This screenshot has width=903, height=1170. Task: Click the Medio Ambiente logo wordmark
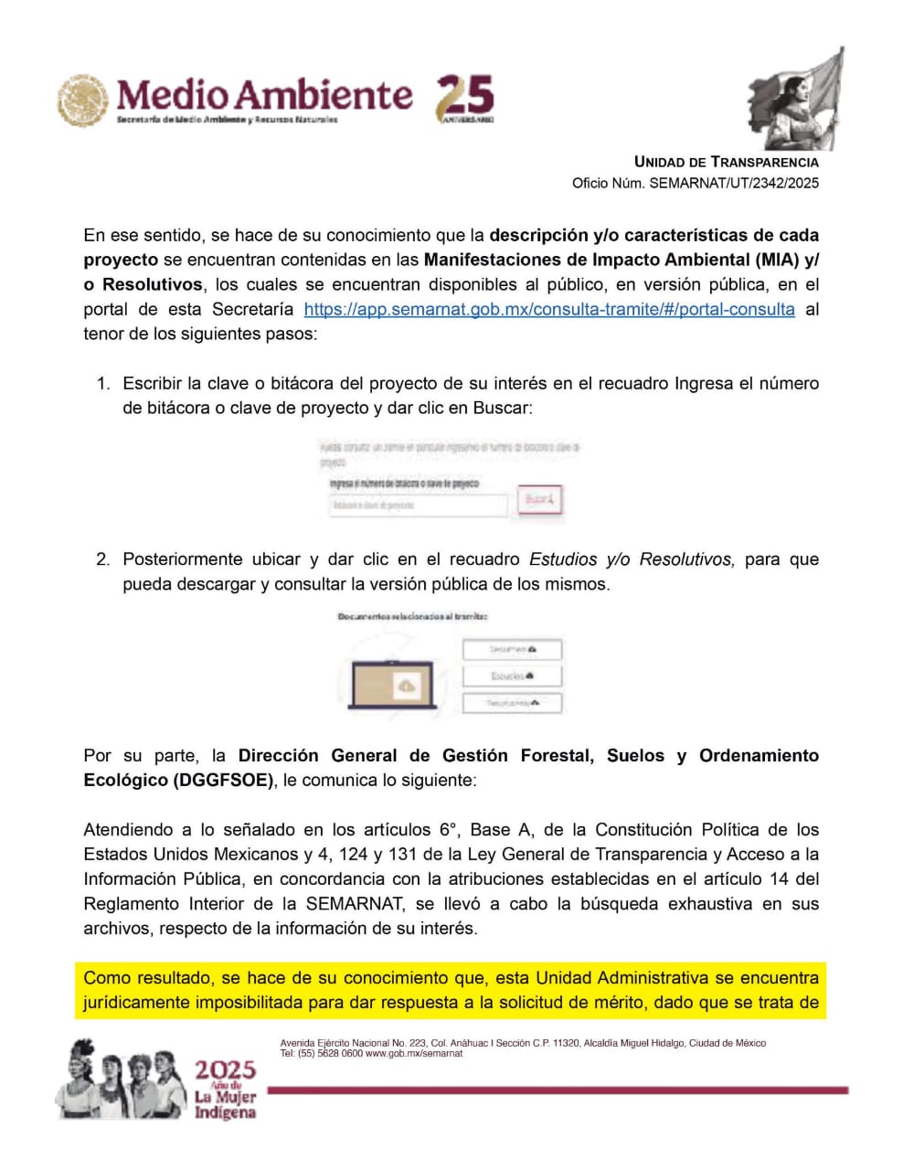pyautogui.click(x=264, y=95)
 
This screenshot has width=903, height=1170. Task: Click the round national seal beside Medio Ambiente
pyautogui.click(x=83, y=100)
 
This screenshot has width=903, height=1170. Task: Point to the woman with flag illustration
pyautogui.click(x=796, y=99)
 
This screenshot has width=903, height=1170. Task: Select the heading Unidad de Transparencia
pyautogui.click(x=726, y=162)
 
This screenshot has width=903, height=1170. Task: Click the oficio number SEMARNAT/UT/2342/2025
pyautogui.click(x=733, y=183)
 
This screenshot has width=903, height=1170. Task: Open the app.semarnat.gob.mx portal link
pyautogui.click(x=548, y=309)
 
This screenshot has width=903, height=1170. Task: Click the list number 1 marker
pyautogui.click(x=103, y=383)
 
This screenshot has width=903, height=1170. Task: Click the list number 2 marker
pyautogui.click(x=103, y=558)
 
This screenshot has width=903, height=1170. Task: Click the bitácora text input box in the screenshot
pyautogui.click(x=418, y=505)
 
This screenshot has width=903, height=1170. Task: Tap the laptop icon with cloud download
pyautogui.click(x=394, y=684)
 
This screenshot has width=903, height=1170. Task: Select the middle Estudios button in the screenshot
pyautogui.click(x=512, y=676)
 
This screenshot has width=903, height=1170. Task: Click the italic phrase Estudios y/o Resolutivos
pyautogui.click(x=631, y=558)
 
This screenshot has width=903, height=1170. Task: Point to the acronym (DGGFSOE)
pyautogui.click(x=224, y=780)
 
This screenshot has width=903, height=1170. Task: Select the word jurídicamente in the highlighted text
pyautogui.click(x=135, y=1002)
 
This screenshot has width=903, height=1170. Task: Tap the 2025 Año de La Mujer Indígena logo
pyautogui.click(x=225, y=1089)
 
